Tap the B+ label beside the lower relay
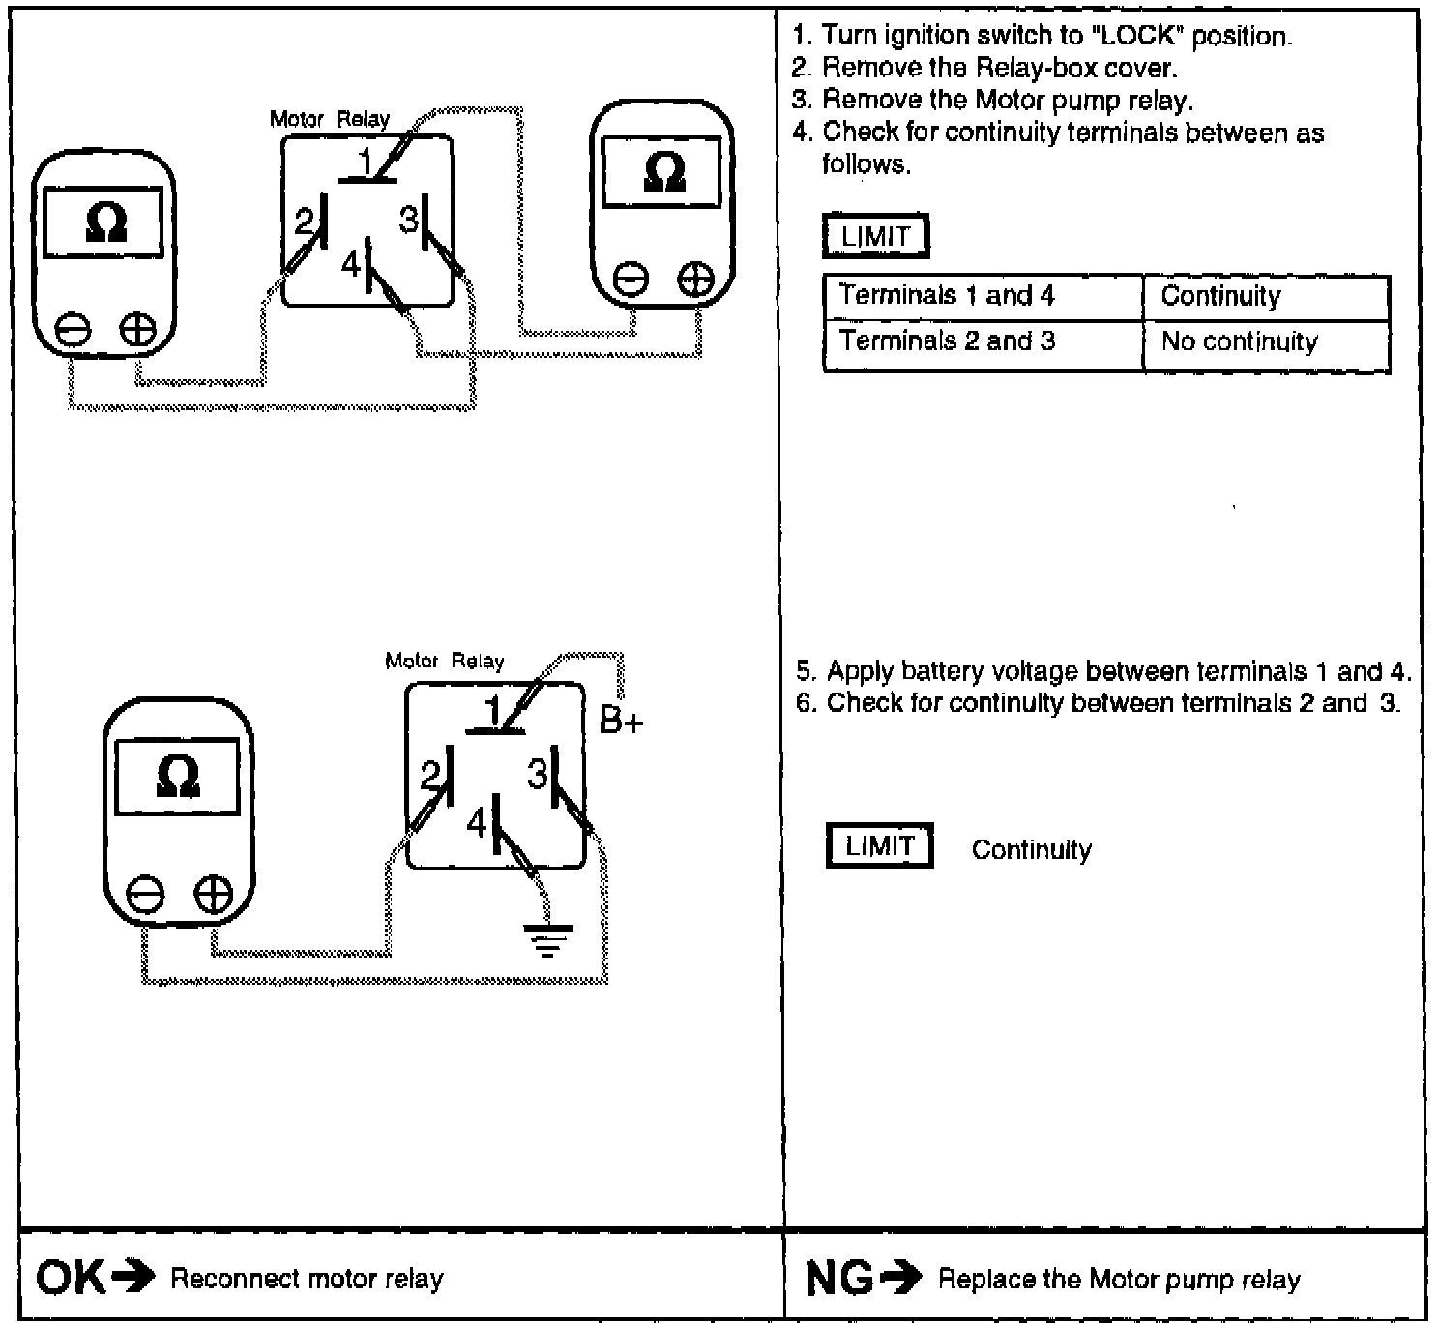click(x=621, y=721)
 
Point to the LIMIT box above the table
click(x=875, y=237)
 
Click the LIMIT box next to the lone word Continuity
click(x=879, y=847)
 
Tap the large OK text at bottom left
click(x=71, y=1279)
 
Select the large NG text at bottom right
click(x=840, y=1280)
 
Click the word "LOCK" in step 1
click(x=1137, y=37)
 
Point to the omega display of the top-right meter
click(x=662, y=172)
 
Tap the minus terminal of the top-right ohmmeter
click(x=631, y=280)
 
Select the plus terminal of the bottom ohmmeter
click(x=214, y=895)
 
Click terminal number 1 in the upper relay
click(x=366, y=163)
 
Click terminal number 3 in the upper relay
click(x=409, y=221)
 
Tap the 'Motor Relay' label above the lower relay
click(x=444, y=662)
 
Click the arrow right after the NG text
click(x=902, y=1280)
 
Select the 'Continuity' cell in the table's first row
click(x=1266, y=297)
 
